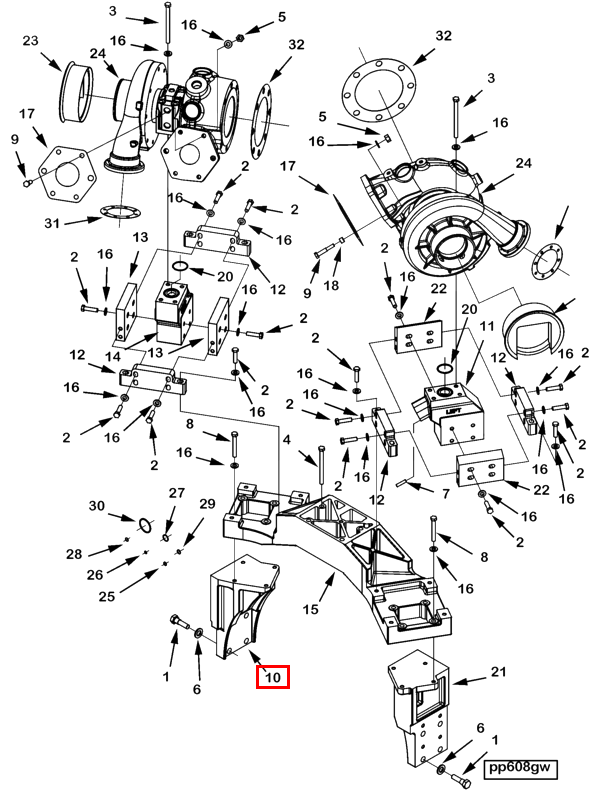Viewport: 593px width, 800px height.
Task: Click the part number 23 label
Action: tap(31, 40)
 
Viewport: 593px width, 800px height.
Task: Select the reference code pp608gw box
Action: tap(520, 768)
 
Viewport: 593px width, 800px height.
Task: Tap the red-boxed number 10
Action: tap(273, 677)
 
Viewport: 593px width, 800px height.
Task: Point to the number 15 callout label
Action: tap(310, 609)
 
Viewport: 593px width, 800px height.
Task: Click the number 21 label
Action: tap(498, 671)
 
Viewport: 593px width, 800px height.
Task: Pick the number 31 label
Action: tap(52, 223)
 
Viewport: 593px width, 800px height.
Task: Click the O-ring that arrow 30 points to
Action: tap(145, 524)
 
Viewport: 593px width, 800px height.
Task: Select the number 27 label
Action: tap(177, 493)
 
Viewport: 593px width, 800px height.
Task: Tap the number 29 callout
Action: tap(207, 504)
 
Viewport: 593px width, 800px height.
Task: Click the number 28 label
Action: tap(74, 554)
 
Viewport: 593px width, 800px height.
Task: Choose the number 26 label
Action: tap(95, 574)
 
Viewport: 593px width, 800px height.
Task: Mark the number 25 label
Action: tap(107, 595)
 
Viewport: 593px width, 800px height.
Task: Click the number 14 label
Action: tap(113, 356)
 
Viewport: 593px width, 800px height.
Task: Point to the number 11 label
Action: tap(487, 326)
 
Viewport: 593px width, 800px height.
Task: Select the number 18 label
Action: tap(331, 285)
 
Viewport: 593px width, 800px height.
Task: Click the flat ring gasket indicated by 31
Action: tap(119, 210)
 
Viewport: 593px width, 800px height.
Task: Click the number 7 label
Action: tap(446, 493)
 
